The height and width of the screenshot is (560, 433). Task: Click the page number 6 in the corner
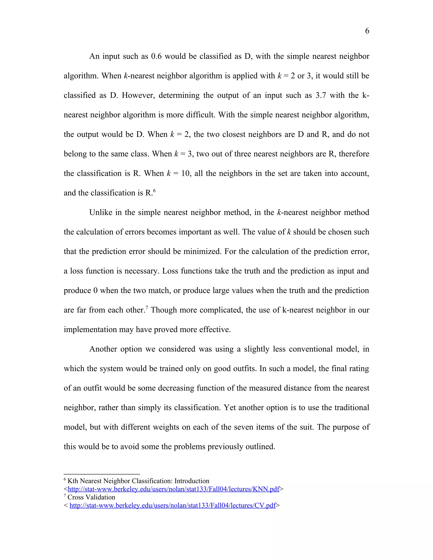coord(367,31)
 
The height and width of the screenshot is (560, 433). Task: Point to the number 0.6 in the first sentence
coord(156,56)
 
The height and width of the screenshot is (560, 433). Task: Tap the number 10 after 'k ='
coord(186,173)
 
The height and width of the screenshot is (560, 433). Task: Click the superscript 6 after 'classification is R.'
coord(154,191)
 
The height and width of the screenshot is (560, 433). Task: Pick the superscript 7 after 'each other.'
coord(147,307)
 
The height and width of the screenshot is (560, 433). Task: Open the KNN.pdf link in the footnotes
coord(173,489)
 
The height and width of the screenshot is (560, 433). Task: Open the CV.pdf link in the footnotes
coord(172,505)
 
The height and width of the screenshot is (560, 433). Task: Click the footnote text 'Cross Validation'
coord(91,497)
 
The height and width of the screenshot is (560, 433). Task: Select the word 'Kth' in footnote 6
coord(73,481)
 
